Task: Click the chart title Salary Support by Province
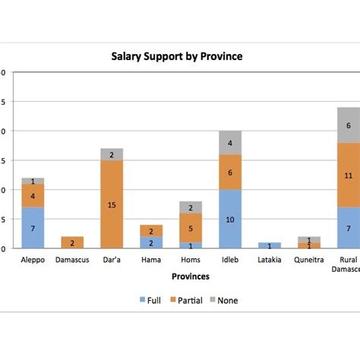pos(177,56)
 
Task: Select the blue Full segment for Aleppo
pos(32,228)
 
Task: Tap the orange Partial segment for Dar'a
pos(111,204)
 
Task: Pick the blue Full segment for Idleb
pos(229,219)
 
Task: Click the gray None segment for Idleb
pos(229,143)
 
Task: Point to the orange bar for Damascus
pos(71,242)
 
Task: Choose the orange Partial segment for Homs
pos(190,227)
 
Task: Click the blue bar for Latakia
pos(269,245)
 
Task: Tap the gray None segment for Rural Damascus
pos(349,125)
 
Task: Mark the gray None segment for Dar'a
pos(111,154)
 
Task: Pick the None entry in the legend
pos(226,300)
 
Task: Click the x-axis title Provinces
pos(190,276)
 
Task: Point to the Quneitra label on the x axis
pos(308,260)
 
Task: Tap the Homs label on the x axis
pos(190,260)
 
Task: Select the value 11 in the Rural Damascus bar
pos(349,175)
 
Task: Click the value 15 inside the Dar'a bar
pos(111,204)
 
